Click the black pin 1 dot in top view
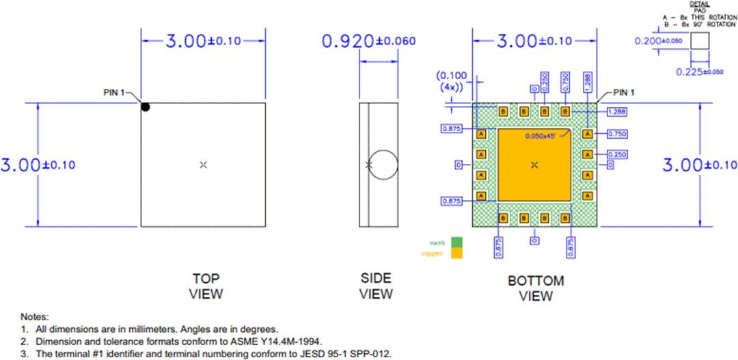pos(145,107)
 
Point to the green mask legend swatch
pos(456,242)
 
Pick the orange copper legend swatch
pos(456,253)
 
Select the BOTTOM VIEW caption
pos(536,288)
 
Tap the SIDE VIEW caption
pos(376,286)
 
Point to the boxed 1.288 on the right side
pos(617,111)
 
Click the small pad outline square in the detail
pos(700,40)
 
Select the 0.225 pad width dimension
pos(704,72)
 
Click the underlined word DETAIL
pos(699,3)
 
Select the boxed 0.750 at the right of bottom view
pos(617,134)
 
